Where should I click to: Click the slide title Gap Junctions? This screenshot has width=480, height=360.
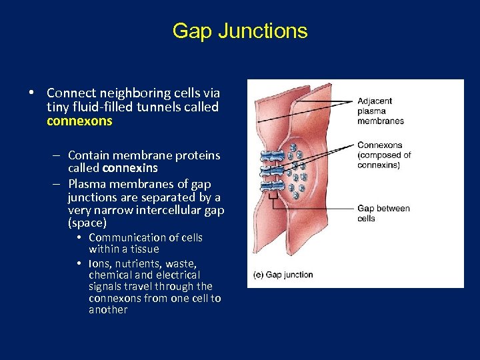(240, 31)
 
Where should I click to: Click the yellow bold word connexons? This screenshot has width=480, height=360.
(79, 121)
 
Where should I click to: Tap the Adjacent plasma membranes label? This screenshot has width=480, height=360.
(380, 111)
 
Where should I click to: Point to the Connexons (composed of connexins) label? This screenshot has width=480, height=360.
(384, 155)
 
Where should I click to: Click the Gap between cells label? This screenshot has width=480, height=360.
(383, 213)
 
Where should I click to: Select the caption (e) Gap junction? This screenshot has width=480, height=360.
(283, 274)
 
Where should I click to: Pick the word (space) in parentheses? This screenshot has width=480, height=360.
(87, 223)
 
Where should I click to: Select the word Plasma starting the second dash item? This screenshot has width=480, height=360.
(87, 184)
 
